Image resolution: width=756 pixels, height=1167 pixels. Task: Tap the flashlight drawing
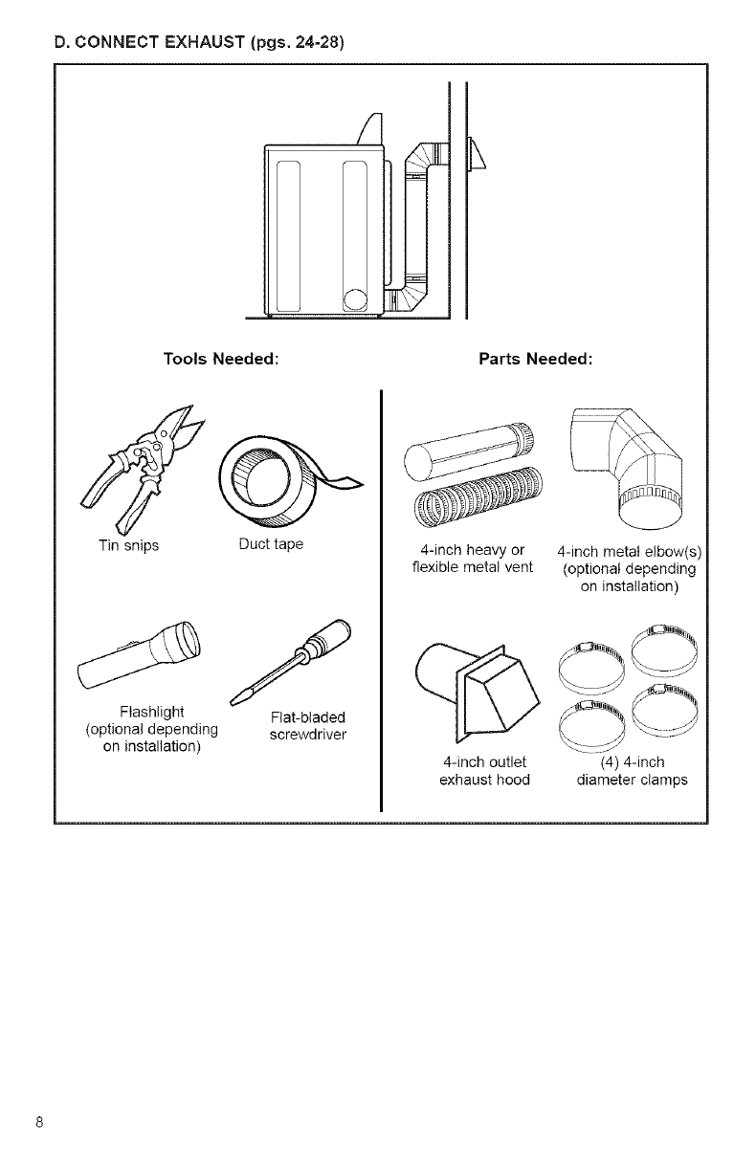point(139,650)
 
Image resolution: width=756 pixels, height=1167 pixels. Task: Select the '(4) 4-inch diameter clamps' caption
point(632,770)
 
